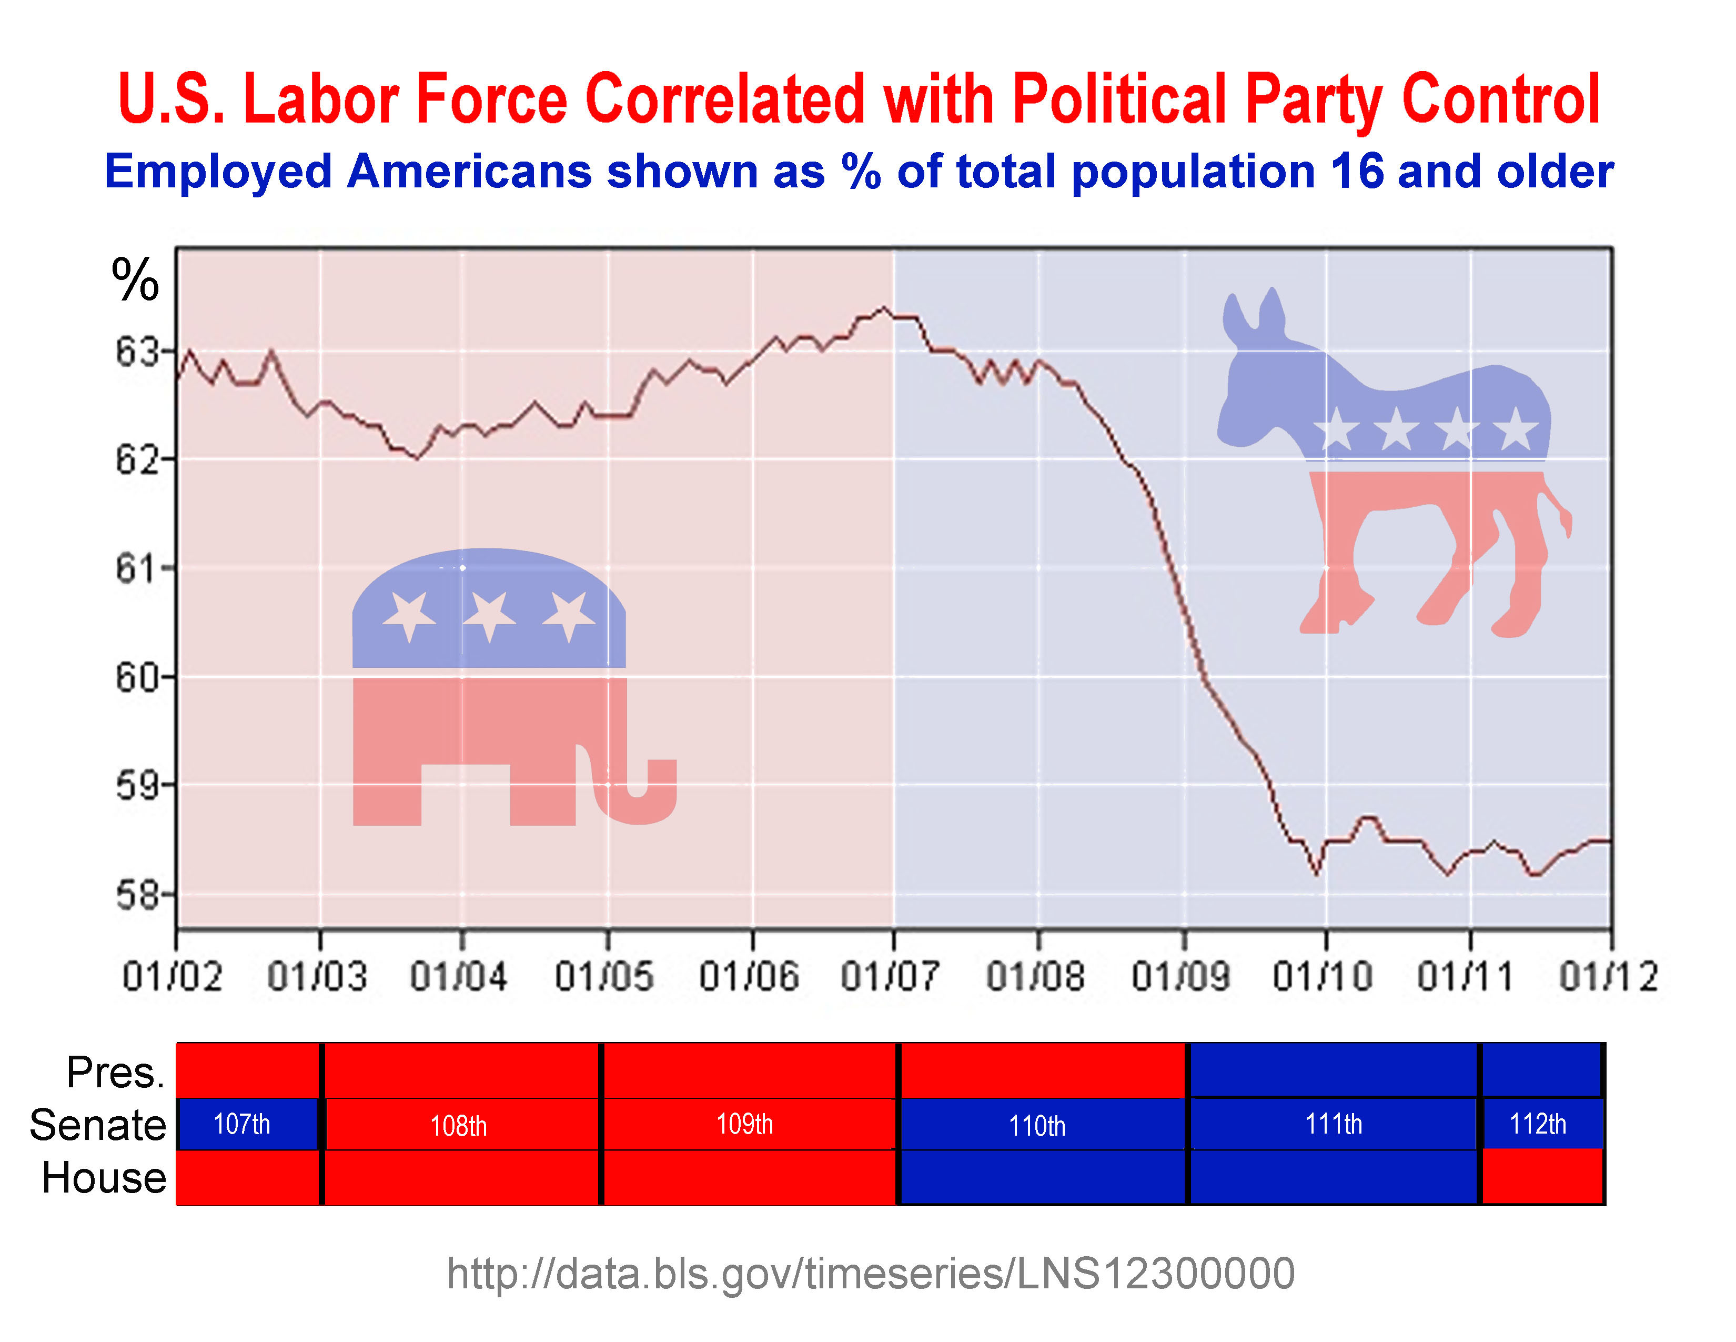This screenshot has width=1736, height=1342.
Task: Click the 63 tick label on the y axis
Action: [137, 352]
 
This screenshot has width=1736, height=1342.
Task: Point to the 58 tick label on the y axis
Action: [137, 895]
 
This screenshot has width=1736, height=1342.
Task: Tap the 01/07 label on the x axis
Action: [890, 976]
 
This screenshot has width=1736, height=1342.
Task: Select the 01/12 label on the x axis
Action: [1609, 976]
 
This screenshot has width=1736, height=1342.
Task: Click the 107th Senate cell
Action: [243, 1124]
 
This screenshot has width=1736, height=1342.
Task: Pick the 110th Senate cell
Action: [1037, 1125]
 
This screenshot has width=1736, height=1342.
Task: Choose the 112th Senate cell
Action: [1538, 1124]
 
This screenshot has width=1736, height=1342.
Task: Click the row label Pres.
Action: [115, 1073]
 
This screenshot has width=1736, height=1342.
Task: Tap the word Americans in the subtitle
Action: [469, 172]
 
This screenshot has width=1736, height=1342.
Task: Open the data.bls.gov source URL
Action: [871, 1274]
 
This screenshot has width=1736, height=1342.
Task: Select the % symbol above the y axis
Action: [135, 280]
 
